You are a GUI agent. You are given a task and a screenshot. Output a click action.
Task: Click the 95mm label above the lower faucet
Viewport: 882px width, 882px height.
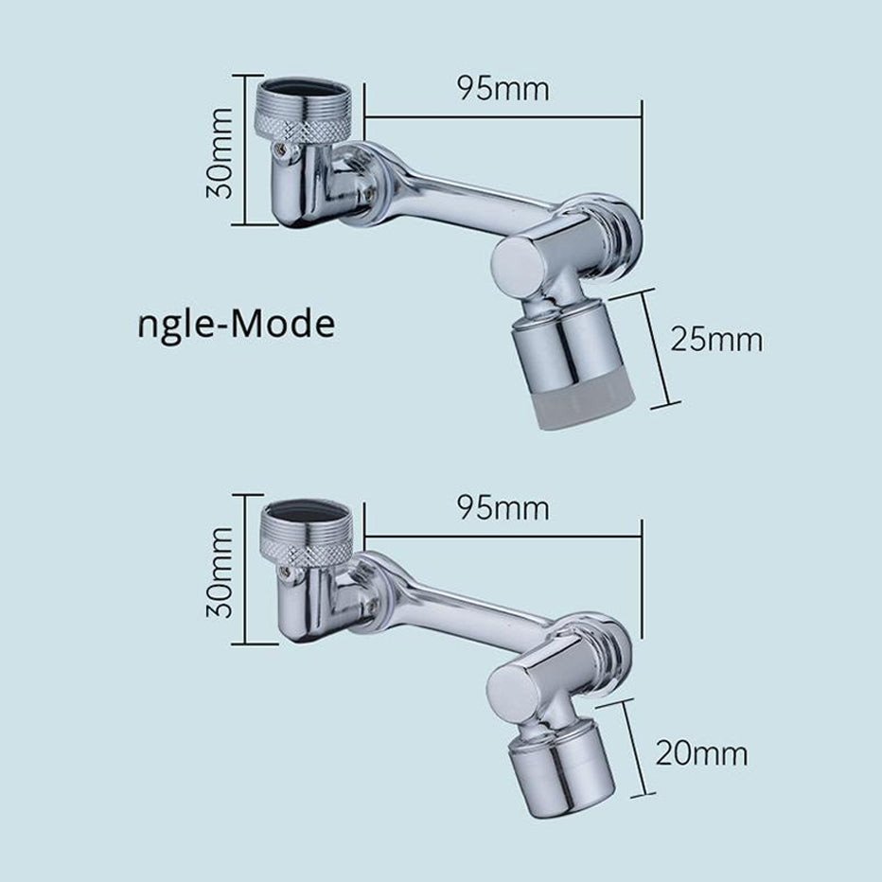503,508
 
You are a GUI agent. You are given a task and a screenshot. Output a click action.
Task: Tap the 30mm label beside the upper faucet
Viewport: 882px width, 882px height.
220,151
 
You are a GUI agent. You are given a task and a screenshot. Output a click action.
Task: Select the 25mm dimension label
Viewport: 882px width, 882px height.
716,339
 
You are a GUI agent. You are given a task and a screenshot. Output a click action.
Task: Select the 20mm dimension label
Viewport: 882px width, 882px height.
701,754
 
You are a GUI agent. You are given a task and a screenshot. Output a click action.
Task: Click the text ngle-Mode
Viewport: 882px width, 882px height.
236,325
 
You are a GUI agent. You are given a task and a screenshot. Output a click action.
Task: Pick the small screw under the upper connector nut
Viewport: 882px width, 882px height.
280,148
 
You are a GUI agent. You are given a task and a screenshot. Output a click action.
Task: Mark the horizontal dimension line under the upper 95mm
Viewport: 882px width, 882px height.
503,118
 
